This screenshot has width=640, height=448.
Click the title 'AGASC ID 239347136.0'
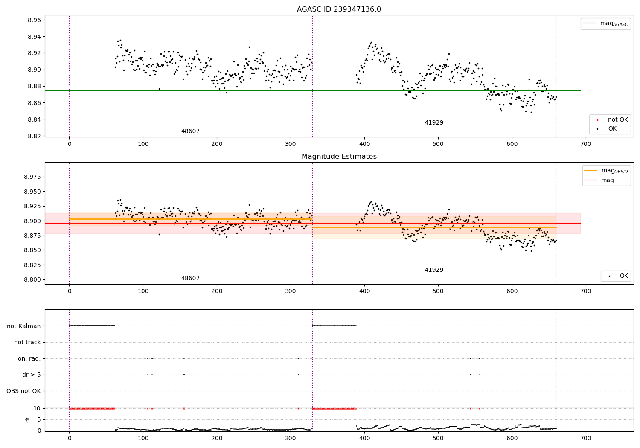coord(339,9)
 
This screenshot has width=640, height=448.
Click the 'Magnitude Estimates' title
coord(339,157)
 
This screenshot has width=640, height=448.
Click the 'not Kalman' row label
coord(24,326)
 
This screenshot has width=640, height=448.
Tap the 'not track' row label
coord(27,342)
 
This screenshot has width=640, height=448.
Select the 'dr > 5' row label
coord(31,375)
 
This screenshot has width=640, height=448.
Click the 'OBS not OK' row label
coord(23,391)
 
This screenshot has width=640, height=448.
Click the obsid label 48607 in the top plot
coord(190,131)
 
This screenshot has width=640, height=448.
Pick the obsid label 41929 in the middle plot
coord(434,270)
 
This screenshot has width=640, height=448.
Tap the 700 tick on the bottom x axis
coord(586,438)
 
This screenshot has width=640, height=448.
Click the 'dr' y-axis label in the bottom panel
coord(28,419)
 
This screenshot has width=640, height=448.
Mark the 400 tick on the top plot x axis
coord(364,144)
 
